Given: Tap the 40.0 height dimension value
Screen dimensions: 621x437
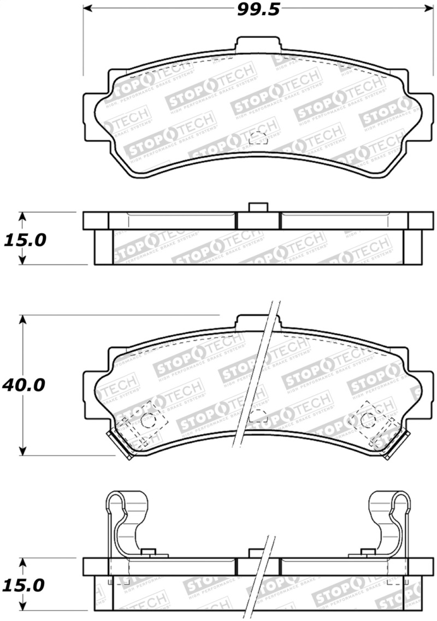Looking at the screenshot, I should click(x=23, y=385).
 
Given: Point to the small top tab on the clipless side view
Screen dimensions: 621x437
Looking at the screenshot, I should click(x=257, y=207).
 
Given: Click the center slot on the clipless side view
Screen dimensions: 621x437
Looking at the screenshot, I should click(x=258, y=220).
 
